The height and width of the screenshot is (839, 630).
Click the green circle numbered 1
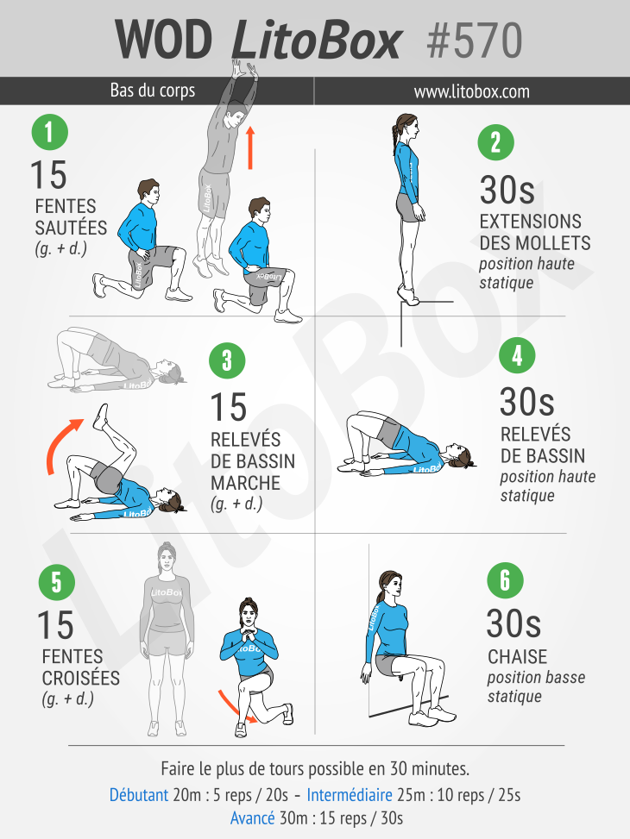(x=50, y=132)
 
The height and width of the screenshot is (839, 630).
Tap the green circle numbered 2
(x=495, y=142)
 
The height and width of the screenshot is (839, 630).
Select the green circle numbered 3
(x=227, y=360)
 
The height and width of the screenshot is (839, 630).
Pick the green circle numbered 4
(x=517, y=355)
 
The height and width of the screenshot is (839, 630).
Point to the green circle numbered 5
(x=57, y=582)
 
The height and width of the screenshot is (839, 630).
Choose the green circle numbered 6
(x=505, y=580)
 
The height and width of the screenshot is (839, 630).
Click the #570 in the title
(x=475, y=41)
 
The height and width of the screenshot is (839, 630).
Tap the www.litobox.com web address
(x=472, y=91)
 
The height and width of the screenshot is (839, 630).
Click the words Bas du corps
(x=153, y=91)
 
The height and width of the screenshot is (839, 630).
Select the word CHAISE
(x=517, y=656)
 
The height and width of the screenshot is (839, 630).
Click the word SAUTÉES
(x=72, y=228)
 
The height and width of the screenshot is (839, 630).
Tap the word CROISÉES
(x=81, y=678)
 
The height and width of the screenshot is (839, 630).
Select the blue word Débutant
(x=139, y=795)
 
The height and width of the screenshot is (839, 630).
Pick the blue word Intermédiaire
(x=350, y=795)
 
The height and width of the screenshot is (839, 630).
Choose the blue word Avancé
(x=252, y=818)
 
